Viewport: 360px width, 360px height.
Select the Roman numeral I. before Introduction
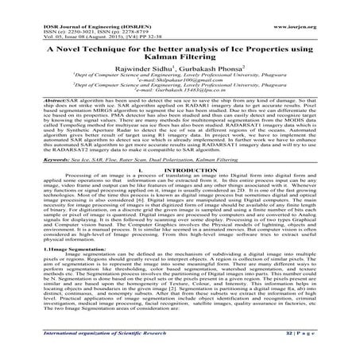coord(140,192)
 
